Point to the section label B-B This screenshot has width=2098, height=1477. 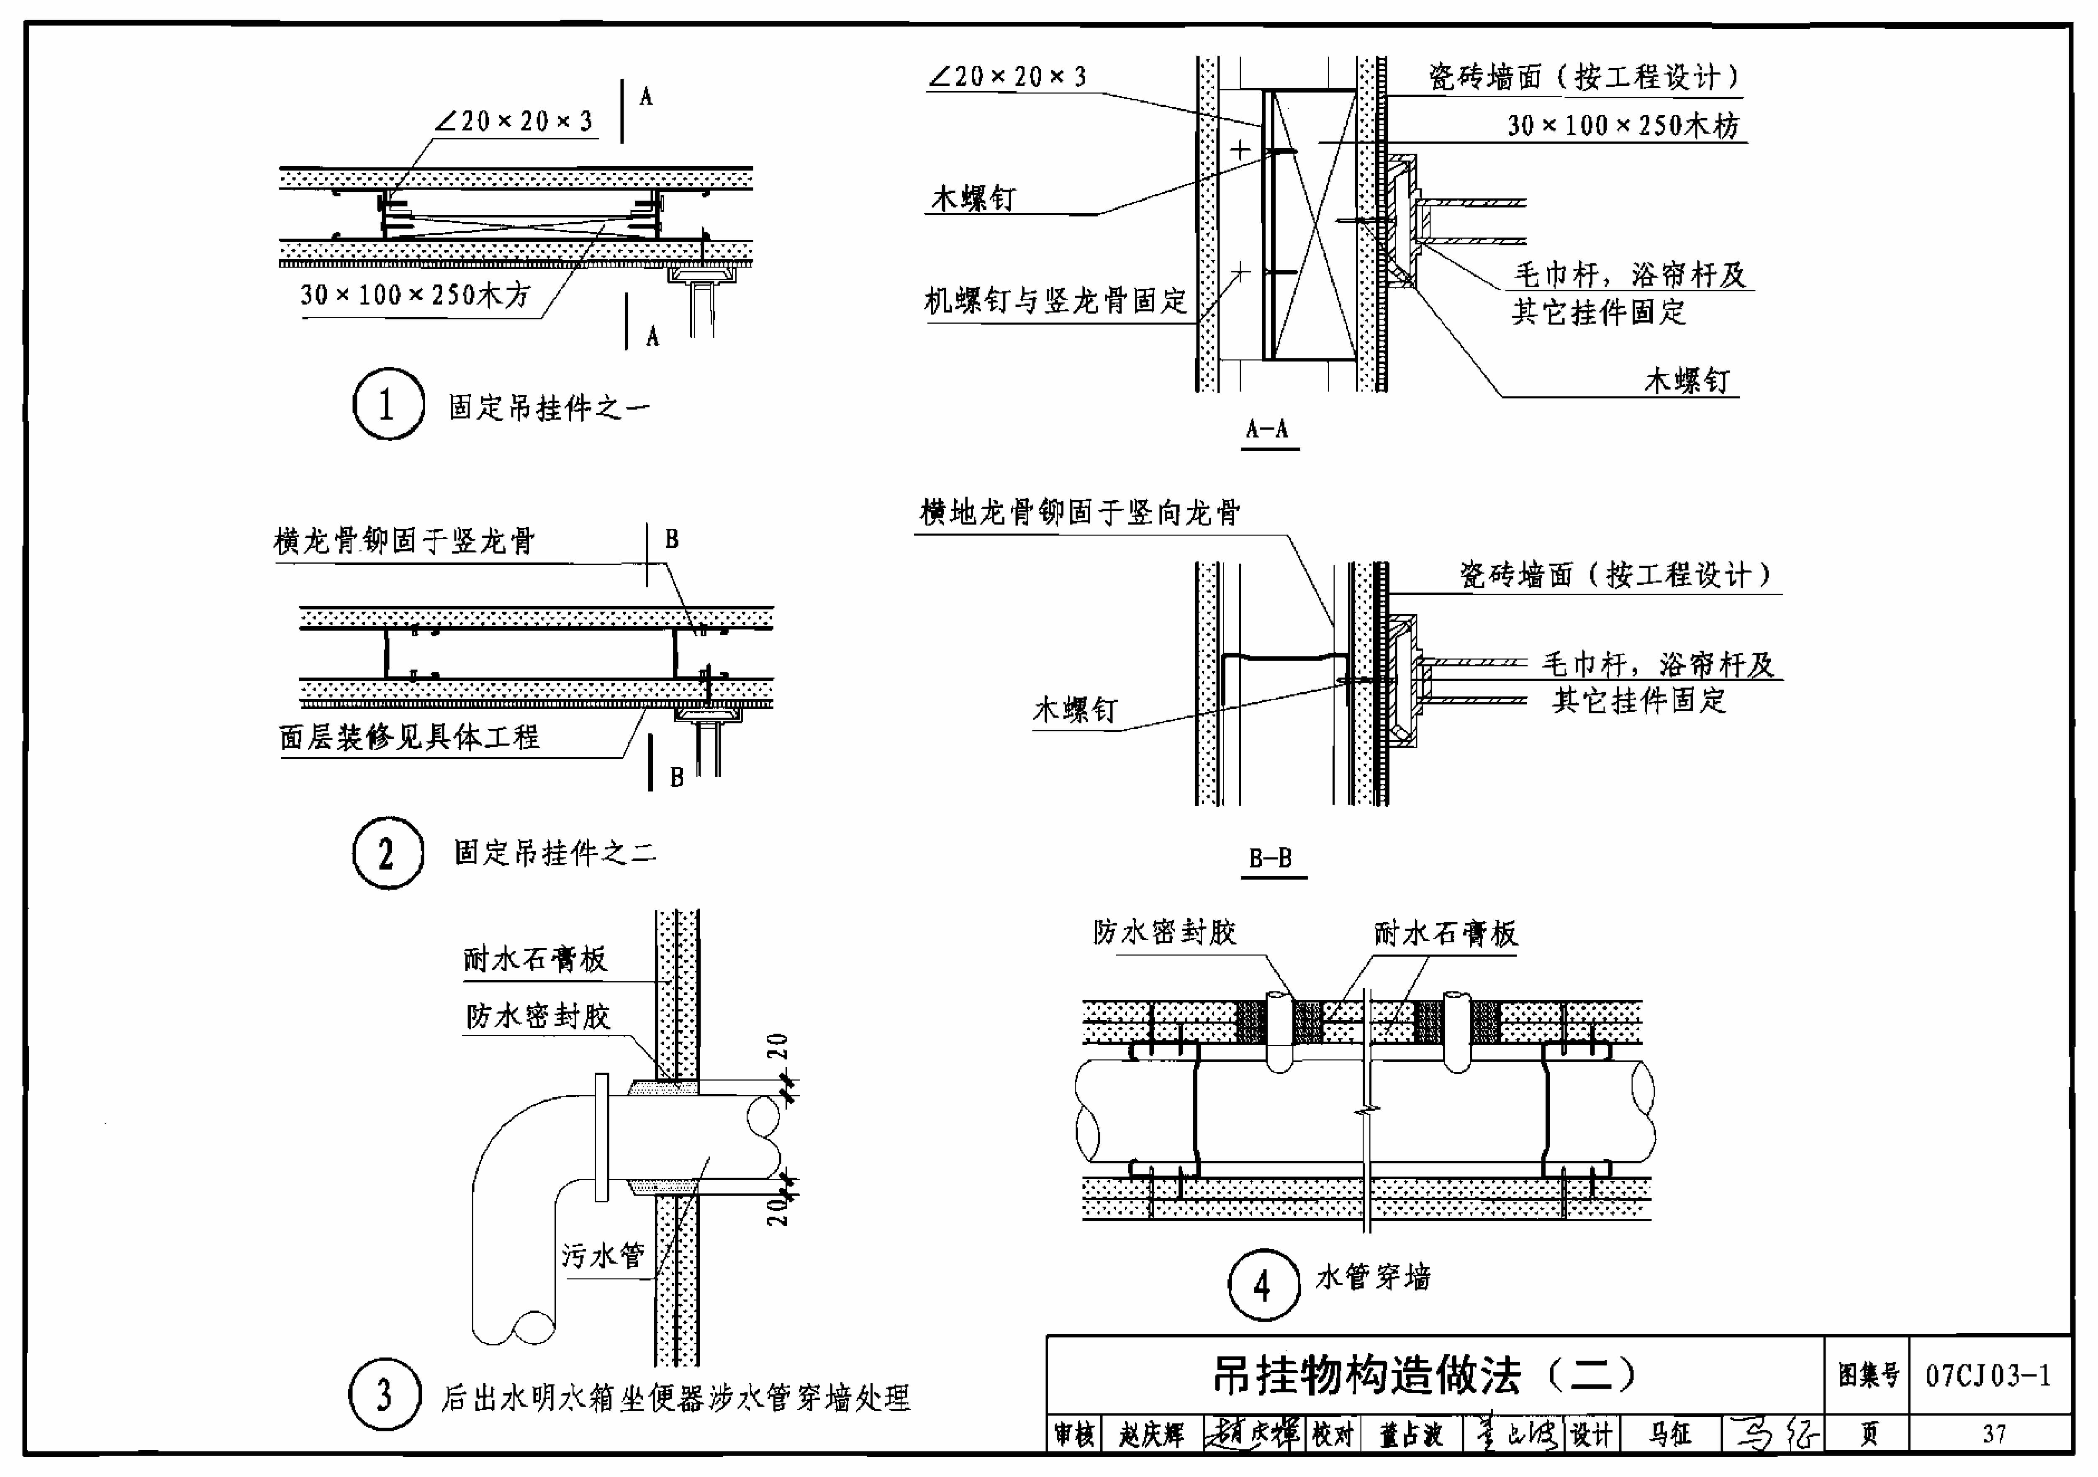1271,858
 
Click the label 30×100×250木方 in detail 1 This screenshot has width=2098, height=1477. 416,294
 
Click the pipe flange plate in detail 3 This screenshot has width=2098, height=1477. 601,1137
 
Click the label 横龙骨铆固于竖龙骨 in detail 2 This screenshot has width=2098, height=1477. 405,541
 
